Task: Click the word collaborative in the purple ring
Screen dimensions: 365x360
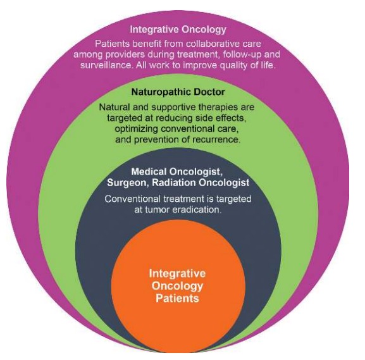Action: click(213, 44)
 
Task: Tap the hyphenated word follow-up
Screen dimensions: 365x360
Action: click(242, 54)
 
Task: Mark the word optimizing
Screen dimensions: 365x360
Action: click(137, 129)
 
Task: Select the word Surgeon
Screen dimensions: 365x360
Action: click(127, 183)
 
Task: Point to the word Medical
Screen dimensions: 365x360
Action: click(149, 171)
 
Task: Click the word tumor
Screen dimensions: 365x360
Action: click(158, 210)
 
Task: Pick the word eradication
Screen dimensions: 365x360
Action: click(197, 210)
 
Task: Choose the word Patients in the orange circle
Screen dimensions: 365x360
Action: click(177, 298)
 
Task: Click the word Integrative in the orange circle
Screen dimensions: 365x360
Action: click(177, 273)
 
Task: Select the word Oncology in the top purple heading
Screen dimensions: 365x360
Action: click(204, 30)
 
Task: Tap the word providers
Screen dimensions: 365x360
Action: click(125, 54)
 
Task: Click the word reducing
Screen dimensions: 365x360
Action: click(175, 118)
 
